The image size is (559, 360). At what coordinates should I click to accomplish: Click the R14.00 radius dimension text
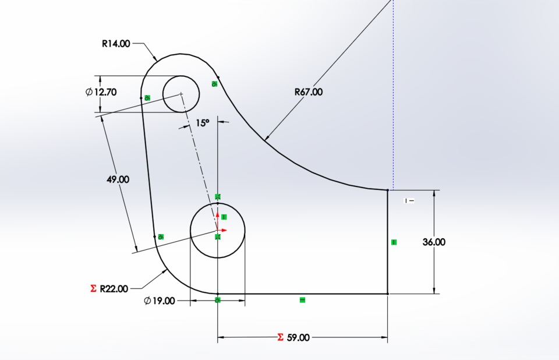point(116,43)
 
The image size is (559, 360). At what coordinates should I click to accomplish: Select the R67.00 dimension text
point(308,91)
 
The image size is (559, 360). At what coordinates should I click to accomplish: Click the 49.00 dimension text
point(118,179)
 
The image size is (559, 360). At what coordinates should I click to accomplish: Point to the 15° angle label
point(202,123)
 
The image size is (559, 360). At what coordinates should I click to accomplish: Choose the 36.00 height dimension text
point(434,242)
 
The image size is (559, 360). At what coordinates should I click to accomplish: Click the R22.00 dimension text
point(114,288)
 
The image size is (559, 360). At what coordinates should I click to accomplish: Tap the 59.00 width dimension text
point(298,337)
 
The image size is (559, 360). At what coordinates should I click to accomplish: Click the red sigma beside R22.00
point(93,288)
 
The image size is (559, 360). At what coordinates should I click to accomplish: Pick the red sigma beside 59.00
point(280,337)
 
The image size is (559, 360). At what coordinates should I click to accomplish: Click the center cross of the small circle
point(181,93)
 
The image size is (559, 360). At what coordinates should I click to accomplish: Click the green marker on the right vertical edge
point(394,242)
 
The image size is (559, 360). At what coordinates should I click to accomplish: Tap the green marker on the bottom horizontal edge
point(302,300)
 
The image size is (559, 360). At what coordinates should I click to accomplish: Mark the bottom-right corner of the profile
point(388,294)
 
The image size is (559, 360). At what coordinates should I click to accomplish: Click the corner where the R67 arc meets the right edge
point(388,190)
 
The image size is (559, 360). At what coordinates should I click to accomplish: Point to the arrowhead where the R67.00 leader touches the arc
point(266,139)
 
